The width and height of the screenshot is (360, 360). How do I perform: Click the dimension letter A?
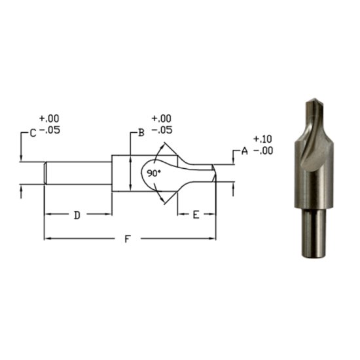(x=244, y=151)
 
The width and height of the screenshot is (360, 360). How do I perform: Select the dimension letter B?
(x=140, y=133)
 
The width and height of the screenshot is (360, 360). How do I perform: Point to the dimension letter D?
(x=77, y=215)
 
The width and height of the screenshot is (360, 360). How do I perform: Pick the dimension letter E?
(x=196, y=215)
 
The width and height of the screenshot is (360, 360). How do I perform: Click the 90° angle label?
(x=153, y=174)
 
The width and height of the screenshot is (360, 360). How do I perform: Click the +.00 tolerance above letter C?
(x=49, y=119)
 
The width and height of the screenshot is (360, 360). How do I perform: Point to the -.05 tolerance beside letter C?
(x=50, y=131)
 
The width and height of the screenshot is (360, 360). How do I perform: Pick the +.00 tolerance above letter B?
(x=161, y=119)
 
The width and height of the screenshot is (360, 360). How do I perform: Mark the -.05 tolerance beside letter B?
(x=161, y=130)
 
